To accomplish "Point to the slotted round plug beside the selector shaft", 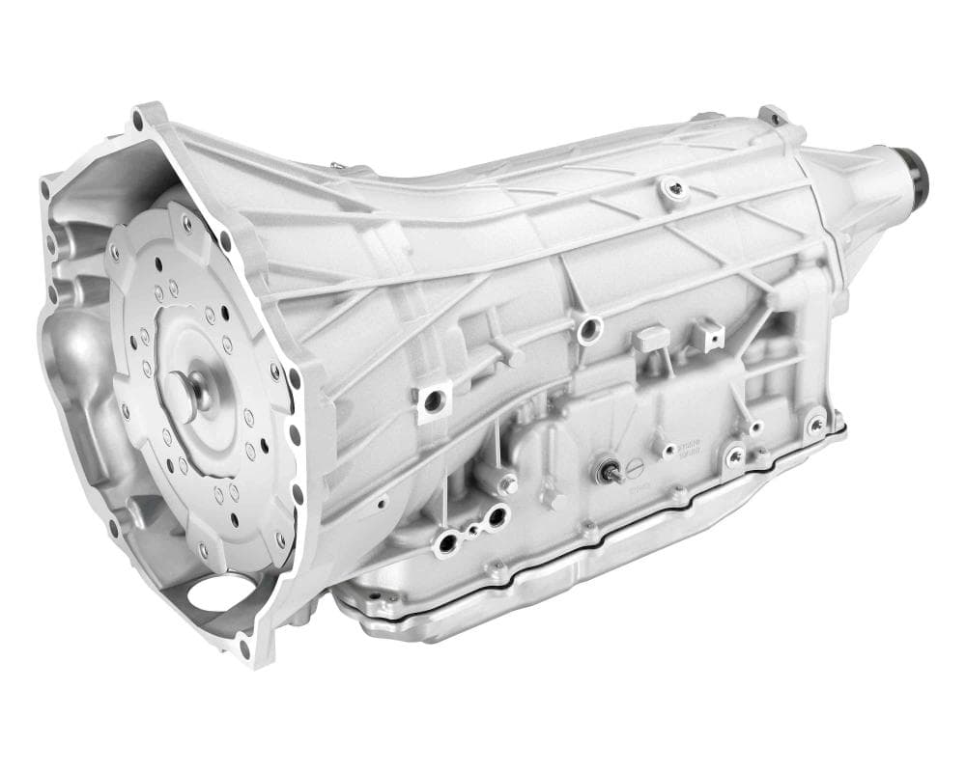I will [635, 469].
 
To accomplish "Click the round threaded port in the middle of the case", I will [585, 331].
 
